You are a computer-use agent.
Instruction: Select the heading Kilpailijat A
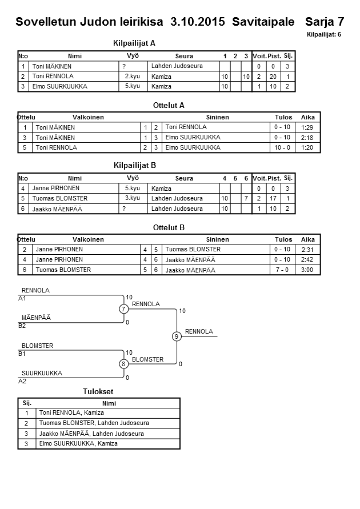(x=135, y=43)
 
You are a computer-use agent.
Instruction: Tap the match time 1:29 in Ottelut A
(x=307, y=127)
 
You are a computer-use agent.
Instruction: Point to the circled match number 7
(x=123, y=309)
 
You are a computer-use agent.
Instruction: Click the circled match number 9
(x=177, y=336)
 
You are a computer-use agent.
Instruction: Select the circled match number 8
(x=123, y=364)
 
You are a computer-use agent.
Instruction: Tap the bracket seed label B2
(x=22, y=326)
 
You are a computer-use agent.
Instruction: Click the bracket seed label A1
(x=22, y=298)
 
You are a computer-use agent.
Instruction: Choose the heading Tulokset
(x=98, y=392)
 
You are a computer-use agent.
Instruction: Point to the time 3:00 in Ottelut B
(x=307, y=270)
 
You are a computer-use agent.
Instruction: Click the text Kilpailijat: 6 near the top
(x=324, y=35)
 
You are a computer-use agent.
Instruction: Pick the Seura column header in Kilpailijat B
(x=184, y=178)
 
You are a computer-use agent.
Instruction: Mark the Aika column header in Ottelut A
(x=308, y=117)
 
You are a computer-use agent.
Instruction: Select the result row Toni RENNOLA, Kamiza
(x=71, y=412)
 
